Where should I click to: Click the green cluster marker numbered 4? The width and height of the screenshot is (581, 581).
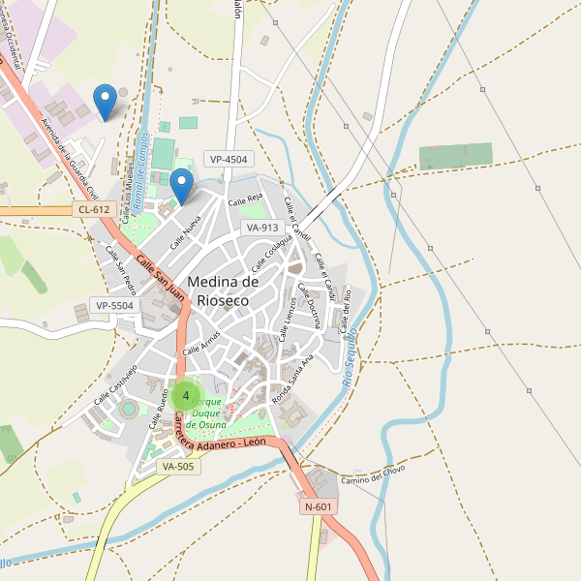point(185,396)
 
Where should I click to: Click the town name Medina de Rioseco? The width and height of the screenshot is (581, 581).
point(223,290)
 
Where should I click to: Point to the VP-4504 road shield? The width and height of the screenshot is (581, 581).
point(229,159)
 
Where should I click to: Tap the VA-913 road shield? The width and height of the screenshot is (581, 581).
point(262,227)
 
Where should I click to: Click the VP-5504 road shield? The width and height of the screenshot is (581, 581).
point(114,305)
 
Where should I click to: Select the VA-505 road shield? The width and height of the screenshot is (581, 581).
point(178,466)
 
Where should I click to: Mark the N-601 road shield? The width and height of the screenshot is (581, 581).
point(319,506)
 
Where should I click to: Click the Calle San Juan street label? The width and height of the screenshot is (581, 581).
point(160,275)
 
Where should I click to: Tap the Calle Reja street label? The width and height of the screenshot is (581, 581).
point(246,200)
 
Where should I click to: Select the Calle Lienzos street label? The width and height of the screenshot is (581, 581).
point(288,319)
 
